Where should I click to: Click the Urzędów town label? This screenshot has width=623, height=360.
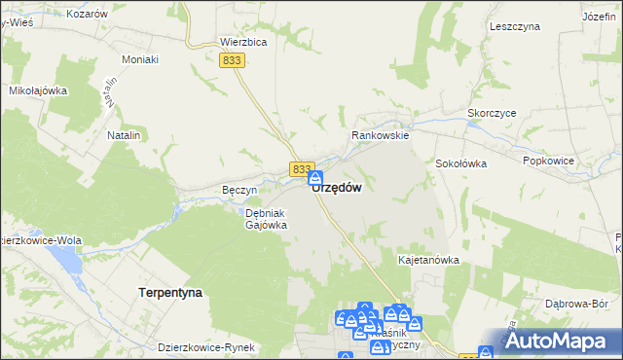[x=338, y=188]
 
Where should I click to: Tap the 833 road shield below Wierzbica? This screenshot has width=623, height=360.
[x=232, y=60]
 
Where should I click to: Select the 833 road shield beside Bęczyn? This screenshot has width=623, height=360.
[x=301, y=169]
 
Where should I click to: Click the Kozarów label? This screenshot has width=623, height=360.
[x=88, y=15]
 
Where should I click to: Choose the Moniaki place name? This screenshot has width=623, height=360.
[x=139, y=59]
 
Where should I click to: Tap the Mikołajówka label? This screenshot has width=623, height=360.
[x=37, y=90]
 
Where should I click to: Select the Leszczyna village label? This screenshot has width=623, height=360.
[x=516, y=27]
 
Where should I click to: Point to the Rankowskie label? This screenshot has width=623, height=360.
[x=381, y=136]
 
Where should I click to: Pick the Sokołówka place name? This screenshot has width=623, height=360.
[x=460, y=163]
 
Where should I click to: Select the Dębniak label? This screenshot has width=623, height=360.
[x=264, y=212]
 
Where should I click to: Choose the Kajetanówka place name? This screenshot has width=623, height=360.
[x=428, y=261]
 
